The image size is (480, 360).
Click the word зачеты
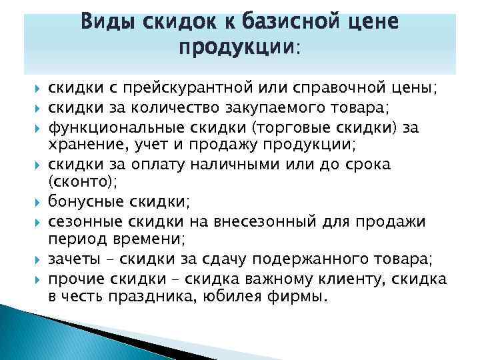[x=70, y=257]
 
